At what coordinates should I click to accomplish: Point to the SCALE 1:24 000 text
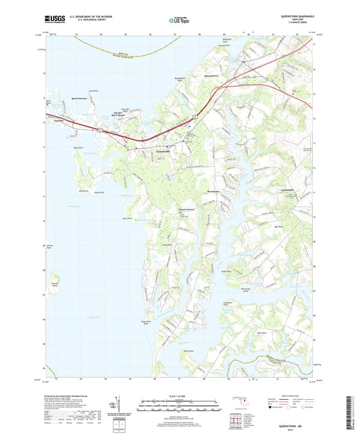click(x=179, y=396)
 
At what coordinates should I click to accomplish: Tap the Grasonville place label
click(x=163, y=152)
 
